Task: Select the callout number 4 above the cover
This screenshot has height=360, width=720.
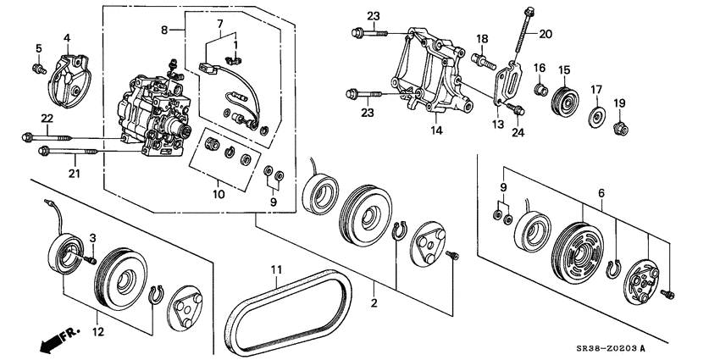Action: [67, 37]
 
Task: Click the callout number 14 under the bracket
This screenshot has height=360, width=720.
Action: [436, 130]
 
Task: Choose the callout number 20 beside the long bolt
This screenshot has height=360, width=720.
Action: [545, 35]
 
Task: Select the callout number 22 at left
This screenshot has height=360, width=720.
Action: [47, 117]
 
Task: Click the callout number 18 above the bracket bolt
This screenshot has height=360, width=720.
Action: [481, 38]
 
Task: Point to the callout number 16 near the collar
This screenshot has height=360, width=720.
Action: [539, 68]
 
